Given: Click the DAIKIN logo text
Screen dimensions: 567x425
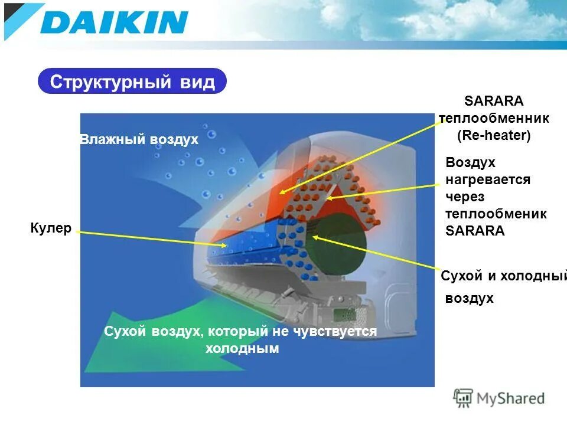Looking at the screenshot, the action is (115, 22).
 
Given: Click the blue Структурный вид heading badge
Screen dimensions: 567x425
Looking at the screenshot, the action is (132, 81).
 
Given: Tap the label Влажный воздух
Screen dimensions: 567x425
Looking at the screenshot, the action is (139, 139).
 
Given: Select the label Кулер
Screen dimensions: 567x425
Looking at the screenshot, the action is (51, 228).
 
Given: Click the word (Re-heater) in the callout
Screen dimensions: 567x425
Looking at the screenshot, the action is (494, 135).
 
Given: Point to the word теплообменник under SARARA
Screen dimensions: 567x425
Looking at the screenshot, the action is (494, 118).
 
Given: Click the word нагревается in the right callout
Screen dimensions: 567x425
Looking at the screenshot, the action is (488, 179).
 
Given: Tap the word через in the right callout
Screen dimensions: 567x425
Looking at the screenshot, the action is (465, 197).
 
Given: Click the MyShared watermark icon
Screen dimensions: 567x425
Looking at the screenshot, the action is (462, 398).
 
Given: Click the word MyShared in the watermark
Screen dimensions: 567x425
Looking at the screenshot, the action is (510, 398).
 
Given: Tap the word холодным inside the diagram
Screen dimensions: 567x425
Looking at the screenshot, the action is (242, 349).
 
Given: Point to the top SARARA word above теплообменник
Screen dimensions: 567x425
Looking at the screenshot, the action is (494, 101).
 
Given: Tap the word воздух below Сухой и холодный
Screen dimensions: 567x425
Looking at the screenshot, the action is (469, 299).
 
